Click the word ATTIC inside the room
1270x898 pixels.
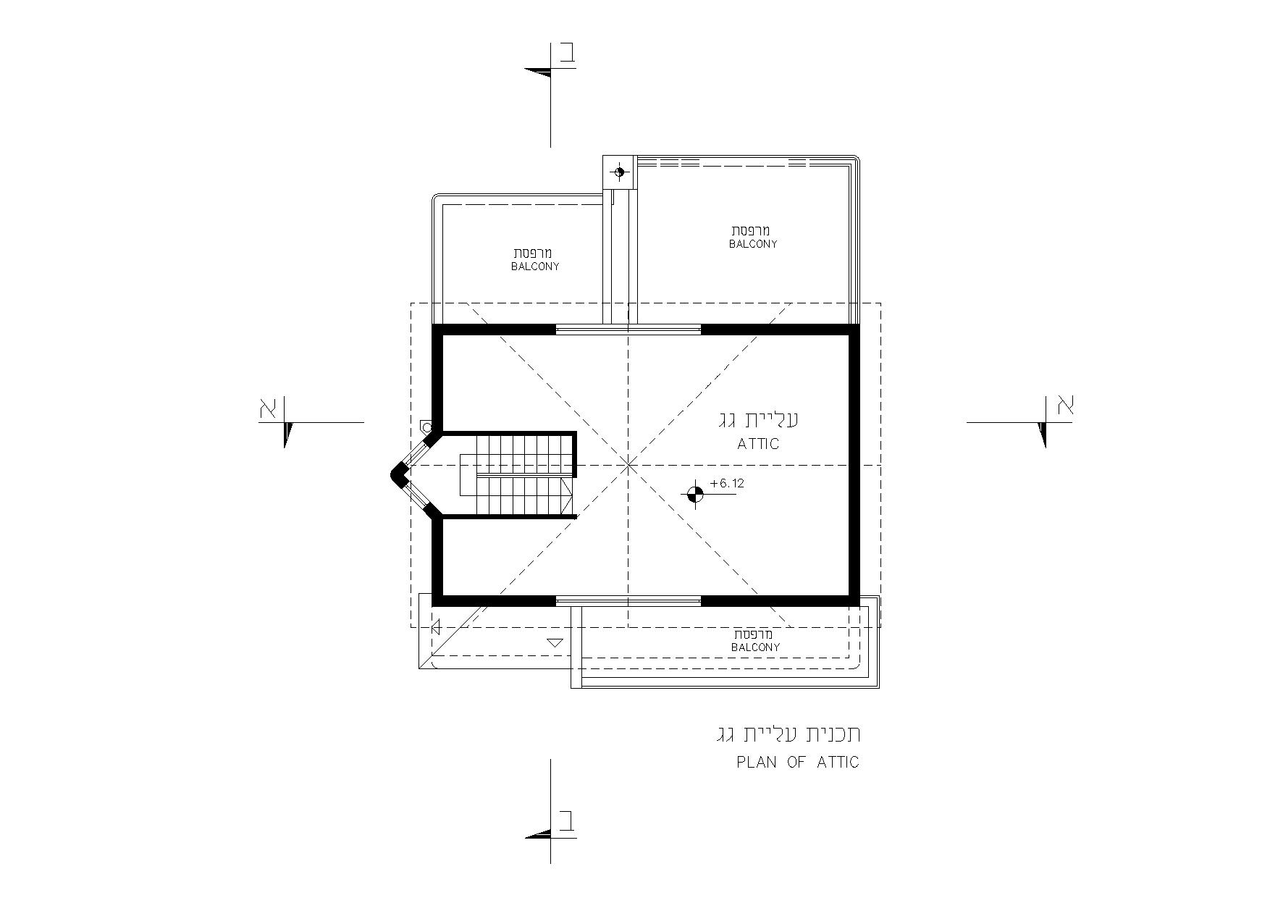pyautogui.click(x=758, y=444)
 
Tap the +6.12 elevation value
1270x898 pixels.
pyautogui.click(x=728, y=483)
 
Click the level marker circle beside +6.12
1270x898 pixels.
pyautogui.click(x=695, y=495)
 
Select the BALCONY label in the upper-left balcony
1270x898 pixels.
pyautogui.click(x=535, y=267)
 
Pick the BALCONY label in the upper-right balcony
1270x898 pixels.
pyautogui.click(x=753, y=244)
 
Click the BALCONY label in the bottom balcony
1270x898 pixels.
pyautogui.click(x=756, y=647)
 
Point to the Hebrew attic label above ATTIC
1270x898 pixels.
pyautogui.click(x=758, y=419)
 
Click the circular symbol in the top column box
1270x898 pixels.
pyautogui.click(x=619, y=172)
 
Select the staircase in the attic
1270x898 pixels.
pyautogui.click(x=517, y=474)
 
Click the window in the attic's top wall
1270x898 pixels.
pyautogui.click(x=628, y=330)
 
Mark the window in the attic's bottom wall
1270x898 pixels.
pyautogui.click(x=628, y=600)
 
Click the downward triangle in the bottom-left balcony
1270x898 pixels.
pyautogui.click(x=555, y=642)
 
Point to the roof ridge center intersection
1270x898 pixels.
pyautogui.click(x=628, y=464)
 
